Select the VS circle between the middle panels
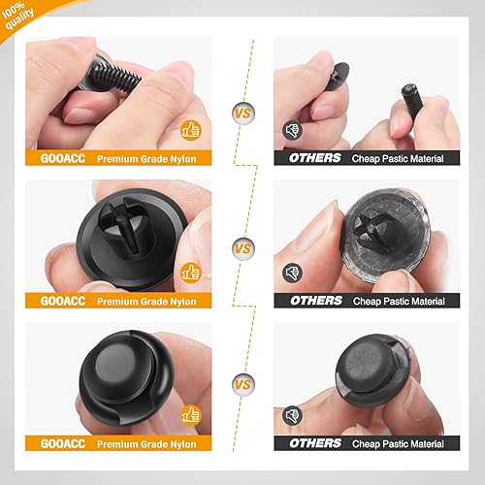coord(242,248)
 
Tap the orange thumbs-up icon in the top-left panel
coord(190,126)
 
